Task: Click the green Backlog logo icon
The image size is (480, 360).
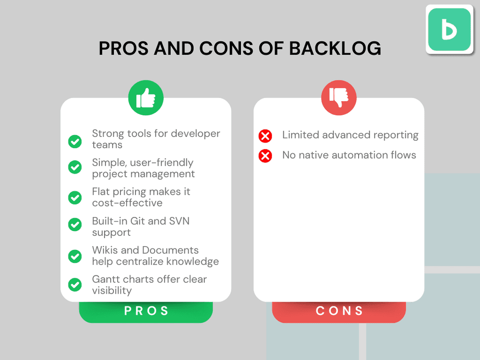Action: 449,29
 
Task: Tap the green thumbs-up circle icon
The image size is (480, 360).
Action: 146,98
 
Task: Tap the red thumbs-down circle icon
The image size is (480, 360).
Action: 339,98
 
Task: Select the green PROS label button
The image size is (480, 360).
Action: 146,311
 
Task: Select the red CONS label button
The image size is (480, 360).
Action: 339,311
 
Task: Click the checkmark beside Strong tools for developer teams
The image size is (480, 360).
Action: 75,141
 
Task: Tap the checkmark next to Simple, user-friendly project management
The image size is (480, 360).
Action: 75,167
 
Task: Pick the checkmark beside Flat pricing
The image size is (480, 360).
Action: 75,198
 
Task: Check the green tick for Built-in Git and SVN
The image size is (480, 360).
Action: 75,225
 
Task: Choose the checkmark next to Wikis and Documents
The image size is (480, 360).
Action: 75,256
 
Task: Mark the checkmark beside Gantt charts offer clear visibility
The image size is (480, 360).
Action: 75,284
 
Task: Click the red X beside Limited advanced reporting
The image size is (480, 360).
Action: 265,136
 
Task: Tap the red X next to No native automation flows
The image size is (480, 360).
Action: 265,156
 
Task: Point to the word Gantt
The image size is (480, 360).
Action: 106,280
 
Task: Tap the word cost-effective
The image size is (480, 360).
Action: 127,203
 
